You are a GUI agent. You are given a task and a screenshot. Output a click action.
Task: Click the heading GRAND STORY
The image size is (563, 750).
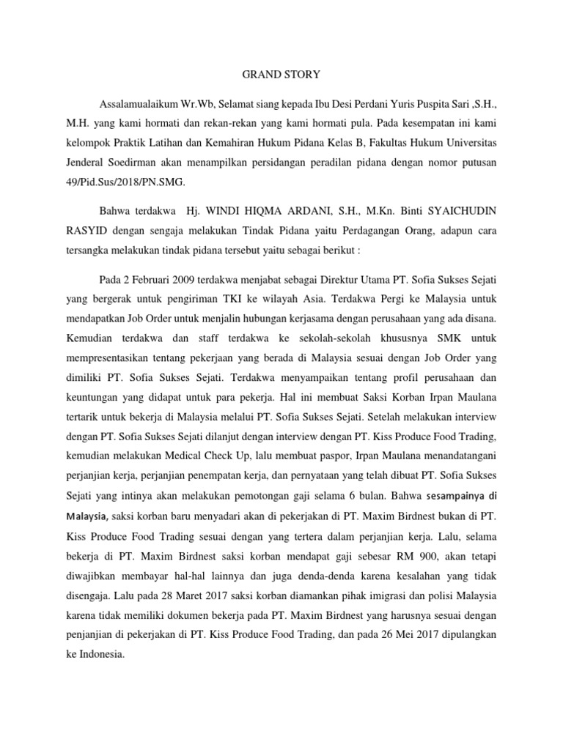[281, 74]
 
